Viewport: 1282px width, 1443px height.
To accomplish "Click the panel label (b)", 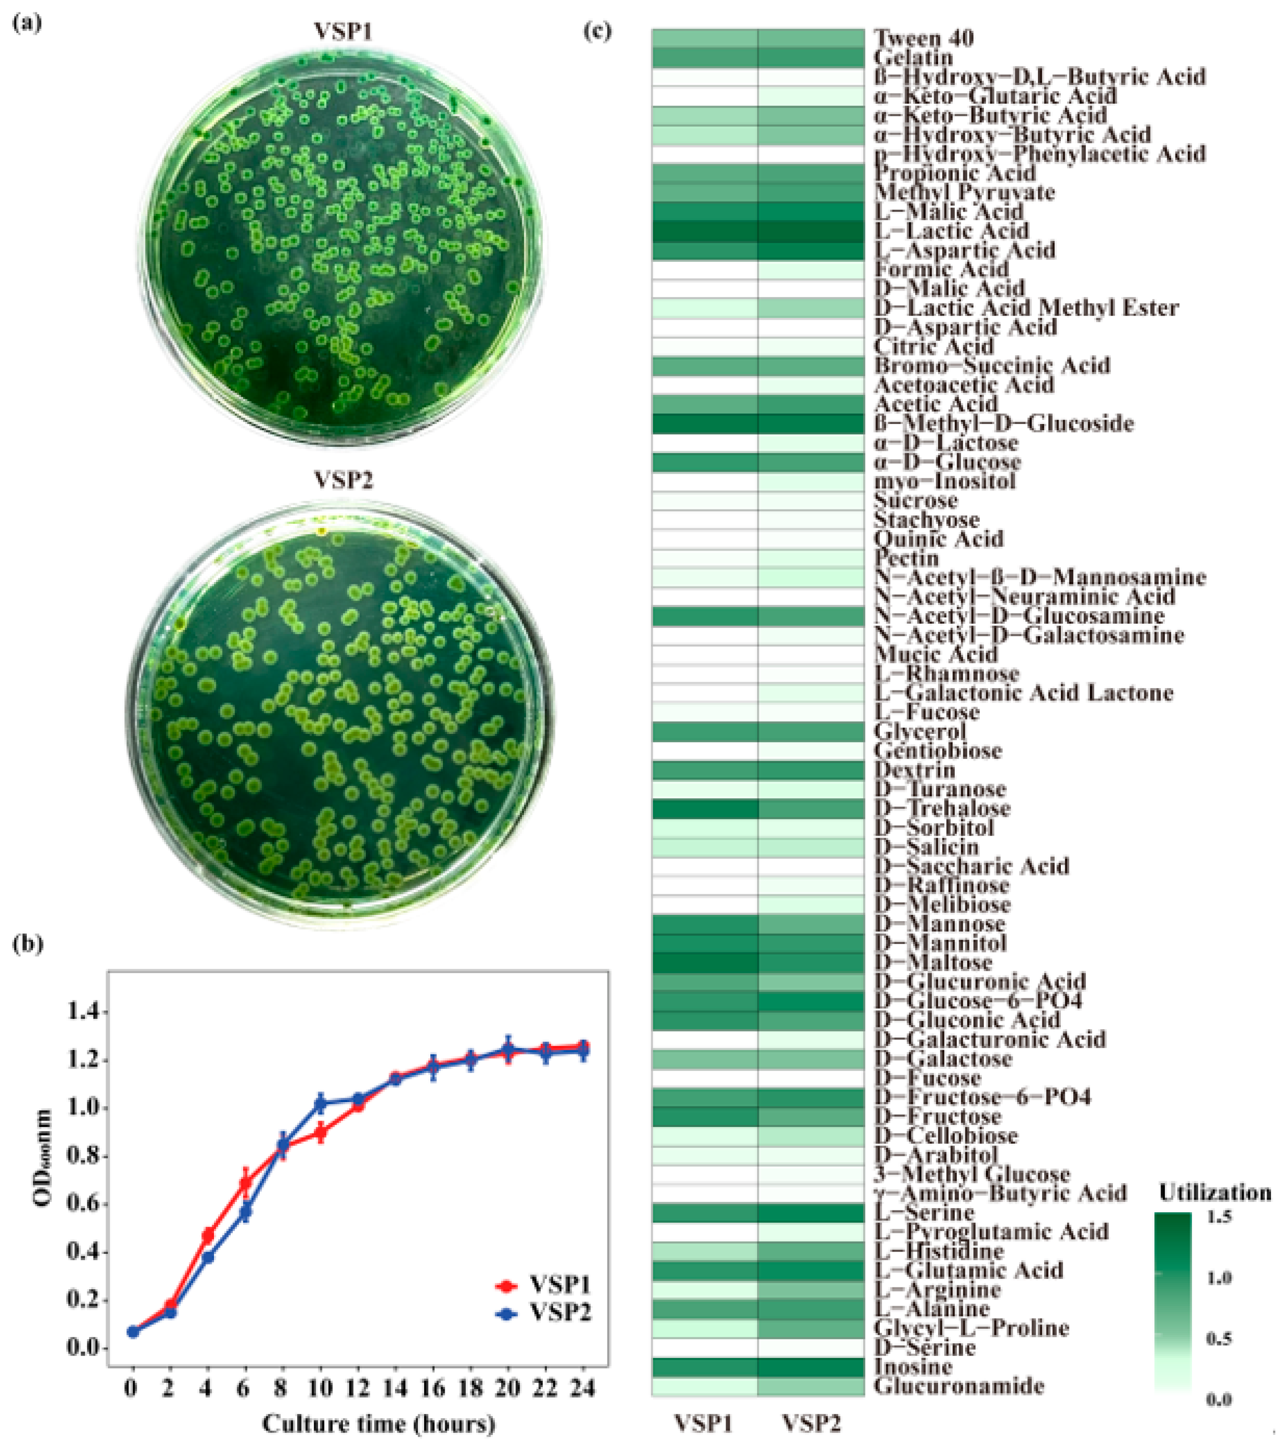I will tap(28, 944).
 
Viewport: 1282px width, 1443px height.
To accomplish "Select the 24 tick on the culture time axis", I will tap(583, 1388).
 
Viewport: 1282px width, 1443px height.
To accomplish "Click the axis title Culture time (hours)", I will tap(379, 1422).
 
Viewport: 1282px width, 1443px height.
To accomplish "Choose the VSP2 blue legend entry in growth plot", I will tap(544, 1313).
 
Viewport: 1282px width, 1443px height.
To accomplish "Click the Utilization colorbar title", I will tap(1214, 1193).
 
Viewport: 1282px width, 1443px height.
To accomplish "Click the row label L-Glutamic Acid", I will tap(968, 1270).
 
